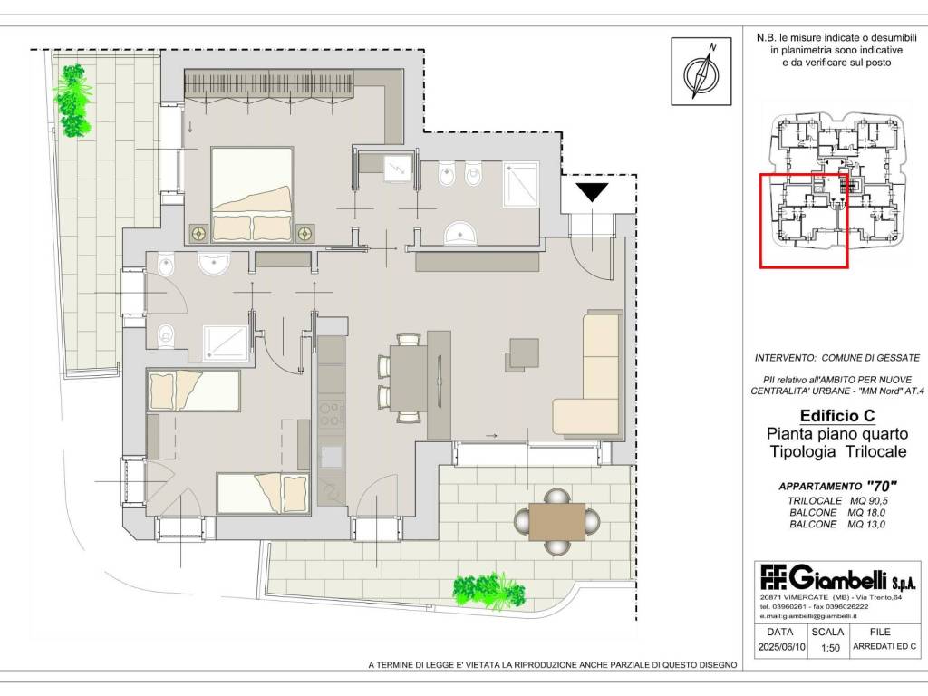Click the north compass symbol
coord(701,71)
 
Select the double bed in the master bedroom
coord(252,194)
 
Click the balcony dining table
coord(557,521)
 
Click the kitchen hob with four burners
coord(332,414)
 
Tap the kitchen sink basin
coord(332,457)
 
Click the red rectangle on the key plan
coord(805,221)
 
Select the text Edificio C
coord(837,415)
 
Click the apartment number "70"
coord(881,487)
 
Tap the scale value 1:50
coord(830,648)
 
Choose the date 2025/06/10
coord(782,647)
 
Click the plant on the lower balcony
coord(488,591)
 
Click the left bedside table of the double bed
coord(198,233)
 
